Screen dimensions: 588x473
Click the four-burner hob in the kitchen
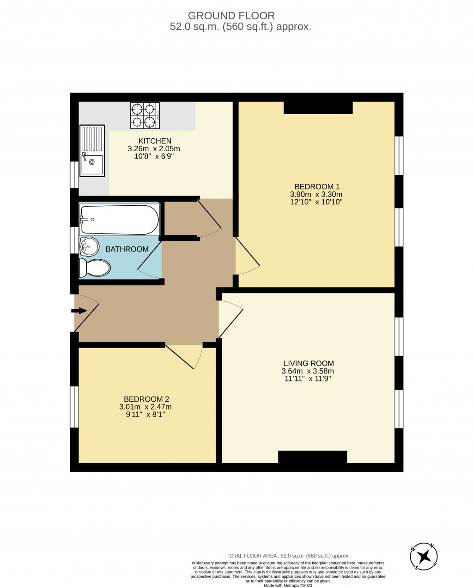pos(145,116)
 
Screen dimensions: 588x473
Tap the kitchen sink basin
pos(92,162)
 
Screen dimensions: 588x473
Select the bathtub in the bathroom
pos(119,220)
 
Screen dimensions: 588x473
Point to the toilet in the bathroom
pos(95,268)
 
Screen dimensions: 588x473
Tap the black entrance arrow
pos(79,311)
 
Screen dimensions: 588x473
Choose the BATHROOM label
pos(127,249)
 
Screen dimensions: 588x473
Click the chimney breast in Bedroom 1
pos(318,108)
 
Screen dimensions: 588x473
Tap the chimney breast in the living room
pos(312,457)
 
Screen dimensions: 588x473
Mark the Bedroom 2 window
pos(74,407)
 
